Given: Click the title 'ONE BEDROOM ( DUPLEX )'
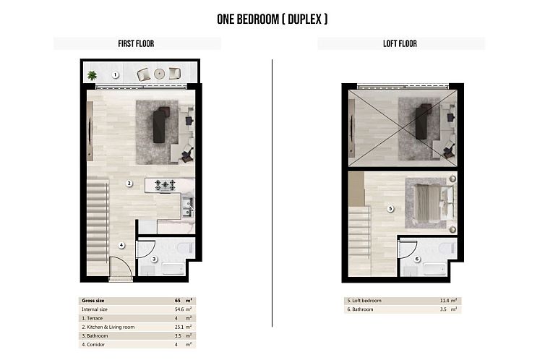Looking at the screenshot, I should [272, 20].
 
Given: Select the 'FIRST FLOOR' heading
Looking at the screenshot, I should [136, 44].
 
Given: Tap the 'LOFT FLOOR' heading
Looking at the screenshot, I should [400, 44].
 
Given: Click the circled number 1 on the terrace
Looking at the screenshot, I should [115, 74].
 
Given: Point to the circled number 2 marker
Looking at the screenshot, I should [129, 184].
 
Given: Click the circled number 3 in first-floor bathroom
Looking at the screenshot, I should [154, 259].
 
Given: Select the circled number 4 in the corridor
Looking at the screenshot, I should [121, 245].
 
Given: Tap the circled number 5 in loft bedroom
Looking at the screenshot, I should [390, 210].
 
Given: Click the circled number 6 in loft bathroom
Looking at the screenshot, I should [417, 259].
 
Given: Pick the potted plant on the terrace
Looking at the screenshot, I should [92, 74].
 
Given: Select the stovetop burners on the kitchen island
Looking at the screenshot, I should [168, 185].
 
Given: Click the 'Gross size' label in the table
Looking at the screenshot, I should [93, 299].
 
